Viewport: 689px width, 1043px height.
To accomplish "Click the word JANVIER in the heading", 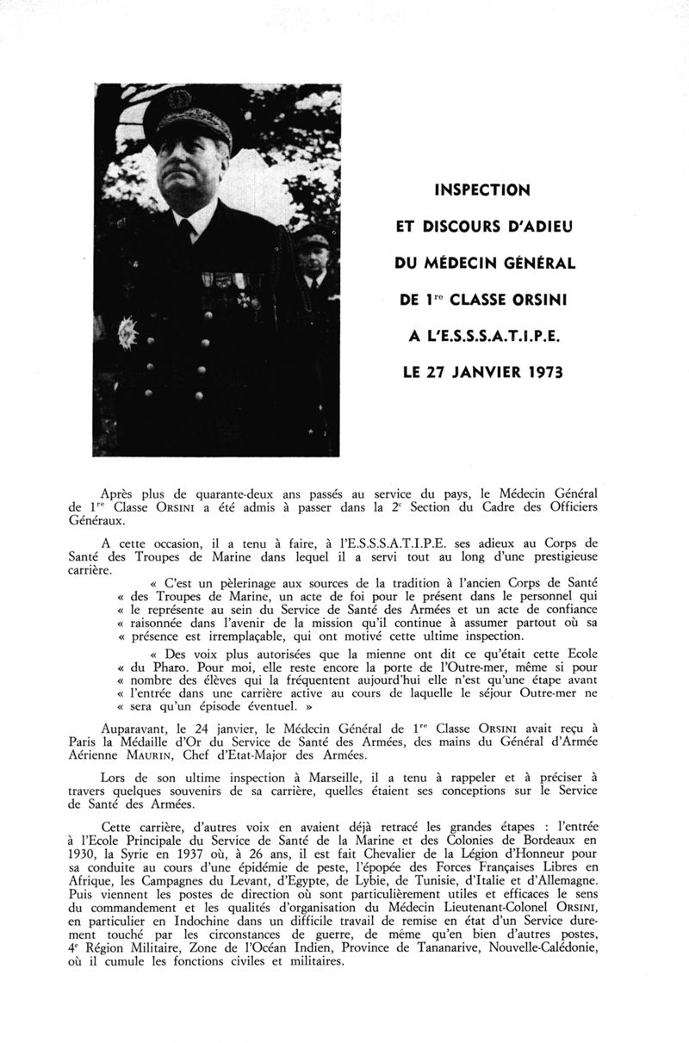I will pyautogui.click(x=483, y=376).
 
